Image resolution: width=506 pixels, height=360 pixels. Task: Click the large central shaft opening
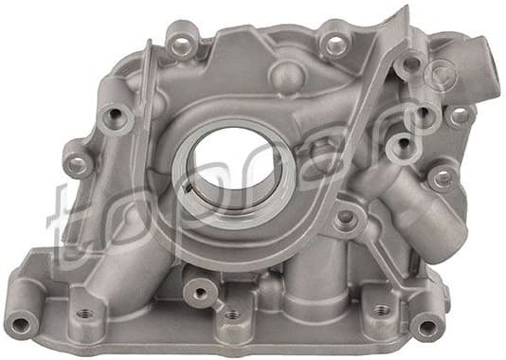click(x=230, y=166)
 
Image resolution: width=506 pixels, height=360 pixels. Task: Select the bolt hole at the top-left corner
click(x=180, y=41)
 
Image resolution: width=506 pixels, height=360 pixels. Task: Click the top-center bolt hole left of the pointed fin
click(x=334, y=44)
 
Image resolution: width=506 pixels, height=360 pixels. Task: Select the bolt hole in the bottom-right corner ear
click(x=426, y=325)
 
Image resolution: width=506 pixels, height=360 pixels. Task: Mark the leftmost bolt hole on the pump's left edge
click(x=76, y=162)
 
